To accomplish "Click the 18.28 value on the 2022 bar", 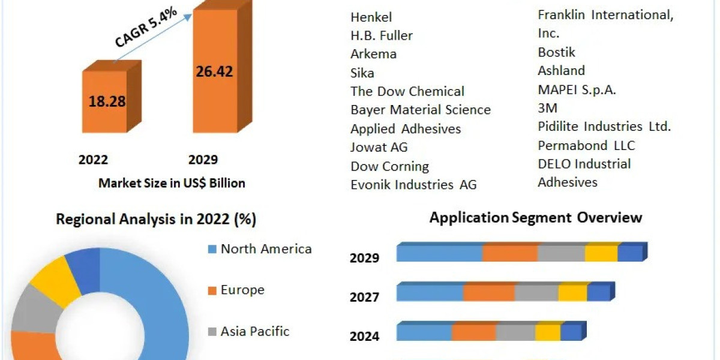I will (107, 101).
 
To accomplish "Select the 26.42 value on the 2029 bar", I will (214, 71).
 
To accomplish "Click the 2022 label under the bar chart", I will (93, 160).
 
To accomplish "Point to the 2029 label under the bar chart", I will (203, 160).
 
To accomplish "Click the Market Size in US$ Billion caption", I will (172, 183).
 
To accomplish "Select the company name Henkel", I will (371, 17).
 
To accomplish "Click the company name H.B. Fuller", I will (381, 35).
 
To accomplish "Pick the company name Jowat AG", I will (379, 147).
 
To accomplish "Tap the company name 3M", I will (547, 108).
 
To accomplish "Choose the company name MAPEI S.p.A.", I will (577, 90).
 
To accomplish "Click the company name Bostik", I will (556, 52).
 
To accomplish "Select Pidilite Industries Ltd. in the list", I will (604, 127).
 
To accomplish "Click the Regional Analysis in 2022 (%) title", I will (156, 220).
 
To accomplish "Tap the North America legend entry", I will (266, 249).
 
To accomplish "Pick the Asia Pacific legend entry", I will (255, 331).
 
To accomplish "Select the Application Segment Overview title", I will (535, 217).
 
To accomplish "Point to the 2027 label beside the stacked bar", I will (364, 297).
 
